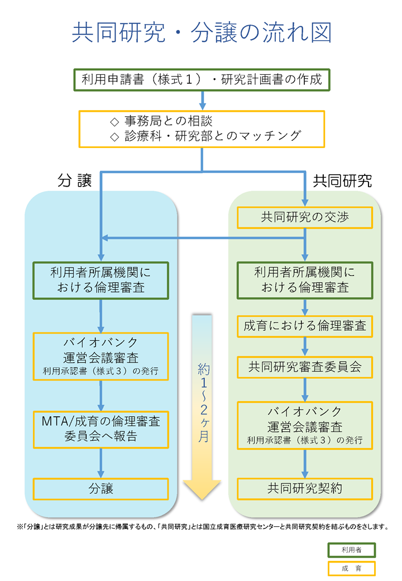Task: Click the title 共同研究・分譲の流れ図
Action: [x=202, y=33]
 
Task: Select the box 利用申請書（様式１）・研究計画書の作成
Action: [x=202, y=79]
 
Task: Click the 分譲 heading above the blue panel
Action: [x=74, y=181]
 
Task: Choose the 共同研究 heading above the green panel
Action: [x=342, y=181]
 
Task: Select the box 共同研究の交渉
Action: [x=305, y=217]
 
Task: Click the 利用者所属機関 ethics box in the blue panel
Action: [x=100, y=280]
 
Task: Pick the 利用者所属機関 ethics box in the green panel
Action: [x=305, y=280]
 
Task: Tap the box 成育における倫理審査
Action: [x=305, y=326]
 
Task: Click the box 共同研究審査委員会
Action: [x=305, y=367]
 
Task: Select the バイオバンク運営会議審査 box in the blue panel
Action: [x=100, y=356]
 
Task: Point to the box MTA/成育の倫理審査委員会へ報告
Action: [x=100, y=428]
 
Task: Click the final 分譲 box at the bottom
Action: [x=100, y=489]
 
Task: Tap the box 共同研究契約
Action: [x=305, y=489]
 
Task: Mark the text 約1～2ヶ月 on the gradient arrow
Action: [x=203, y=402]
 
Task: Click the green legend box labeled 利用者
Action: [x=351, y=550]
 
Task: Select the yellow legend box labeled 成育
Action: [x=351, y=568]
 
